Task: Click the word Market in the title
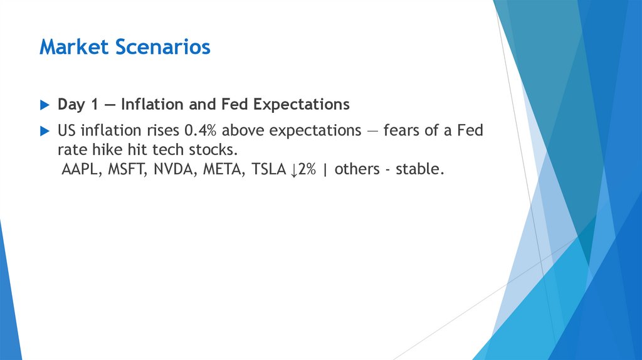point(68,47)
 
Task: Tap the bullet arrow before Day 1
point(43,105)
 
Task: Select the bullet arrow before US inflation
point(43,131)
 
